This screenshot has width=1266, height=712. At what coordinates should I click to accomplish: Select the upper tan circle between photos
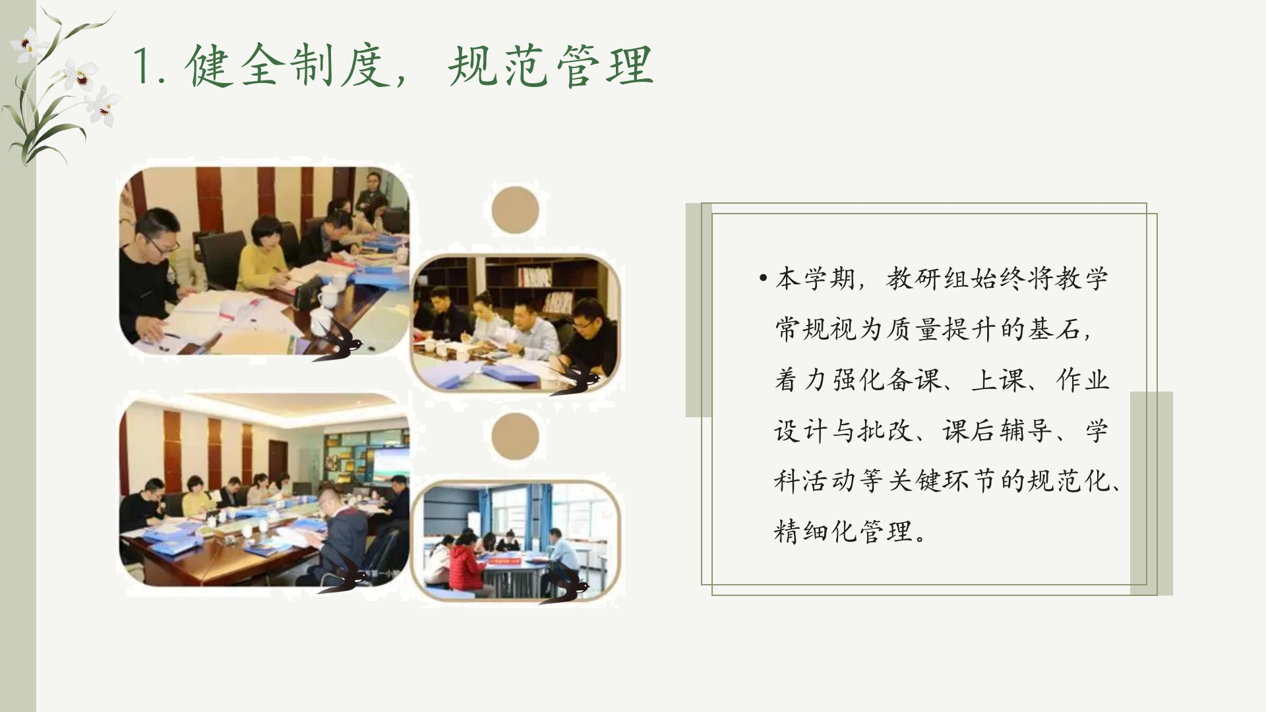pos(515,210)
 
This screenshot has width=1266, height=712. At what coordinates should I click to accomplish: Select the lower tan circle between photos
pos(515,437)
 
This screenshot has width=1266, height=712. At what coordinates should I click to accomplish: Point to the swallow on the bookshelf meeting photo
pos(576,378)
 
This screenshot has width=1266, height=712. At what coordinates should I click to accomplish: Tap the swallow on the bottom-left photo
pos(343,572)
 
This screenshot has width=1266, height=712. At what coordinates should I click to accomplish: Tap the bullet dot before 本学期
pos(763,278)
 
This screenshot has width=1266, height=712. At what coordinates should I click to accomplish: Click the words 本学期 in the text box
pos(816,279)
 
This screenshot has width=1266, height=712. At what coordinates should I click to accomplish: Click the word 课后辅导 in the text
pos(996,431)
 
